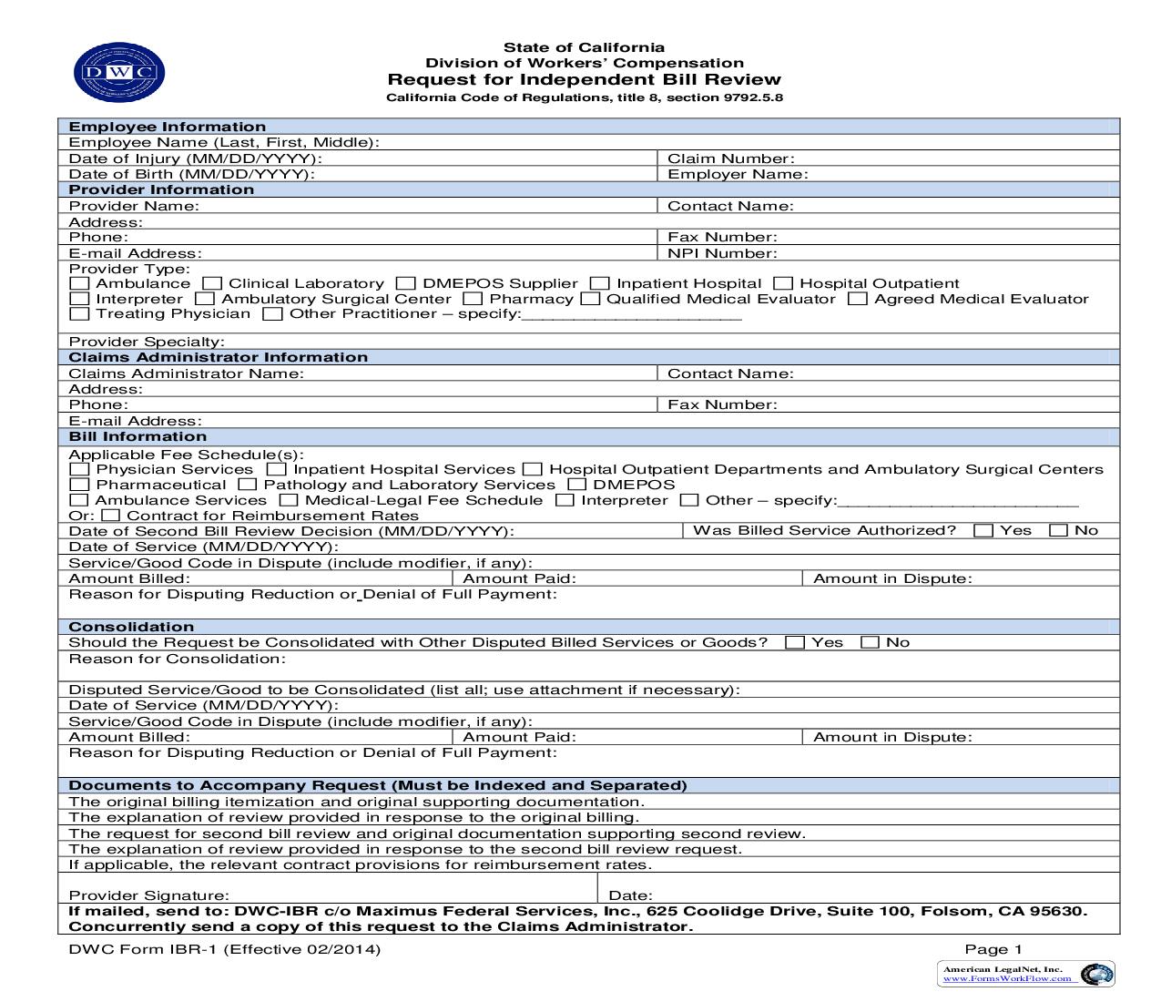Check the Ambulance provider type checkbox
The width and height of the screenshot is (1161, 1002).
point(79,284)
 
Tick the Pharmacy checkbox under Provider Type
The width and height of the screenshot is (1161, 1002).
point(472,299)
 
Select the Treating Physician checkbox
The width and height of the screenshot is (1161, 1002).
point(79,314)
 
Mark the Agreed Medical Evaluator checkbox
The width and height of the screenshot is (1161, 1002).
point(857,299)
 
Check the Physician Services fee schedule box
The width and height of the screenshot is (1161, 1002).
point(79,470)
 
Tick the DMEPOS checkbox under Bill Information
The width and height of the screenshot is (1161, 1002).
point(576,486)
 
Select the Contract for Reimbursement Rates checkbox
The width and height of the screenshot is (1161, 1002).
point(110,516)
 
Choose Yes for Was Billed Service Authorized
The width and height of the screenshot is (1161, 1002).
point(983,530)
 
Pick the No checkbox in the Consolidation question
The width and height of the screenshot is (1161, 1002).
point(871,642)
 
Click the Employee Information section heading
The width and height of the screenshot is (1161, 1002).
point(168,127)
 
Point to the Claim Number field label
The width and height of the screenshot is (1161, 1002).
point(730,158)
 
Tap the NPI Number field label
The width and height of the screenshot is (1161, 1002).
point(722,253)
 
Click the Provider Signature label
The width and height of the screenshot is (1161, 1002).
point(149,895)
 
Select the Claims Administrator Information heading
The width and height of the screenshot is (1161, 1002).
point(219,357)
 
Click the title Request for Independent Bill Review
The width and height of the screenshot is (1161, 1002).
point(584,79)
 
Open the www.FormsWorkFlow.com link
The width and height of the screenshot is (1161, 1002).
point(1006,978)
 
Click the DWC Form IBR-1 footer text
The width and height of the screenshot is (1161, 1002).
point(225,949)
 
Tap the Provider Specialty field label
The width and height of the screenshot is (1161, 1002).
point(147,342)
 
